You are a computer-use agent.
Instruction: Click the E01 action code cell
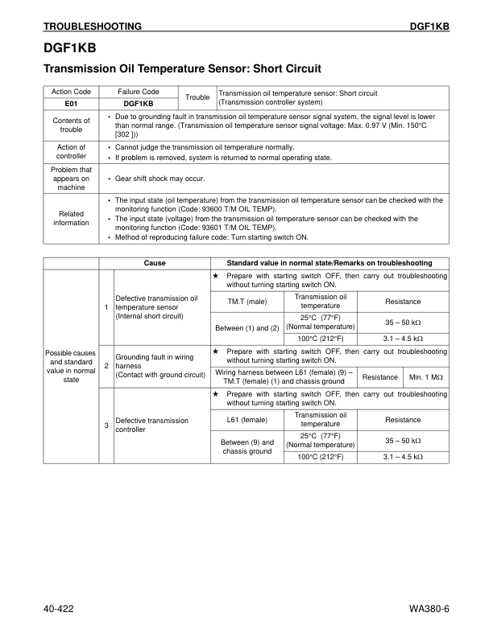tap(71, 104)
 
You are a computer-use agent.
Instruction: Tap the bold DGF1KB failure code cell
tap(139, 104)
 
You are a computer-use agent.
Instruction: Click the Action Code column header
tap(71, 92)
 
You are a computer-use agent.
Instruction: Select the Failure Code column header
tap(139, 92)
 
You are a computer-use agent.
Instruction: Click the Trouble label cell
tap(197, 97)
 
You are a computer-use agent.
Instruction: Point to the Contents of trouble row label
tap(71, 125)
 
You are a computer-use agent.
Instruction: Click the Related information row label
tap(71, 218)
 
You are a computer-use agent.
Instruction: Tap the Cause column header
tap(155, 263)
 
